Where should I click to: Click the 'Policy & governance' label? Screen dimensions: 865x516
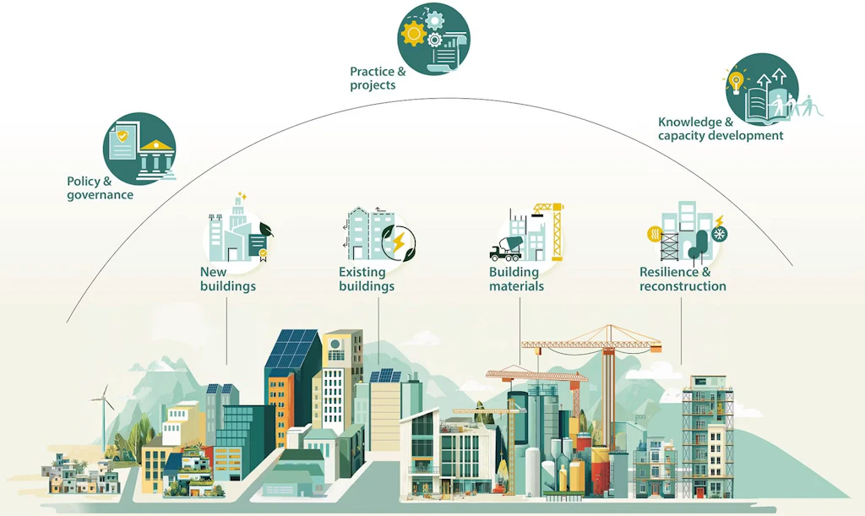[x=100, y=188]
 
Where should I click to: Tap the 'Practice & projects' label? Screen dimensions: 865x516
[x=378, y=79]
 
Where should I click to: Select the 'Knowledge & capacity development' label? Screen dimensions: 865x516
[x=721, y=128]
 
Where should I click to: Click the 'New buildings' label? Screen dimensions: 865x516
[x=228, y=279]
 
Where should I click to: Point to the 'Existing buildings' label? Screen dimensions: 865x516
[x=367, y=279]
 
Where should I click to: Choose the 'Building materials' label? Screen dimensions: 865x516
[x=516, y=279]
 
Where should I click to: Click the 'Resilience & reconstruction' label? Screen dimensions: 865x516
[x=683, y=279]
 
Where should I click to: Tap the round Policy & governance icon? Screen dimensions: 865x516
[x=139, y=149]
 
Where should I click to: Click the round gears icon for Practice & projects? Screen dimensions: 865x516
[x=433, y=39]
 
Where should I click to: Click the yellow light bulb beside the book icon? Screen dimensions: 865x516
[x=736, y=82]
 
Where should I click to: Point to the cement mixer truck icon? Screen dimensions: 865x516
[x=506, y=248]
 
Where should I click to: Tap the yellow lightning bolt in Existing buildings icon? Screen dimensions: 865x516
[x=399, y=242]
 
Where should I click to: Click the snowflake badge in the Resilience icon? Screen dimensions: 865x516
[x=720, y=234]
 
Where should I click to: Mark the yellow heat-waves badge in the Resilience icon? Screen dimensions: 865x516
[x=655, y=234]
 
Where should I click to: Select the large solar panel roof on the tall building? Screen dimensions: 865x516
[x=292, y=349]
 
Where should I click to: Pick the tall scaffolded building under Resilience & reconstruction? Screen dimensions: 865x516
[x=709, y=437]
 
